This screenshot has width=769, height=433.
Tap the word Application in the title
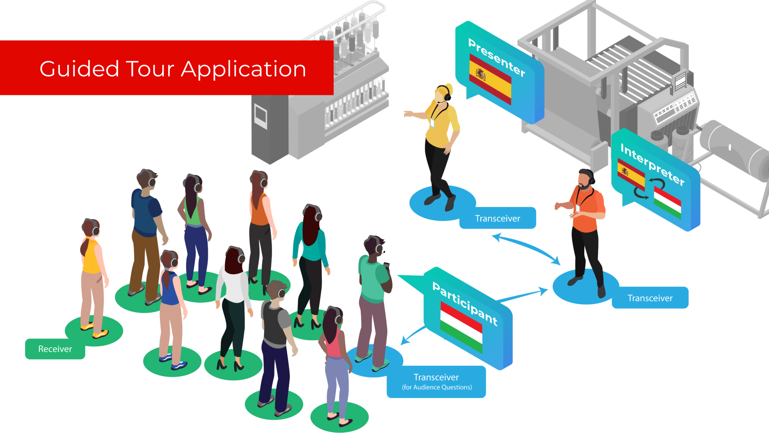point(244,70)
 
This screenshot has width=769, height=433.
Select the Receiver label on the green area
point(55,349)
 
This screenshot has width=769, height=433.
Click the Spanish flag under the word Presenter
point(490,79)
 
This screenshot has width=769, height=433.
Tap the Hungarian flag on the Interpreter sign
point(667,203)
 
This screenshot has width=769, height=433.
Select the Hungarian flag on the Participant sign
point(461,327)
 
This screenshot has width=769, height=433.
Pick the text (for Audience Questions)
point(437,388)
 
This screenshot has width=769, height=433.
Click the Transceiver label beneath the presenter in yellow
point(498,219)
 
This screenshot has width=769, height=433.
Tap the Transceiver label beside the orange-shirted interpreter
point(650,298)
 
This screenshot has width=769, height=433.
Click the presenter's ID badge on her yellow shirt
point(432,123)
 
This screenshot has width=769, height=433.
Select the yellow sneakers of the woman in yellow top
point(94,330)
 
